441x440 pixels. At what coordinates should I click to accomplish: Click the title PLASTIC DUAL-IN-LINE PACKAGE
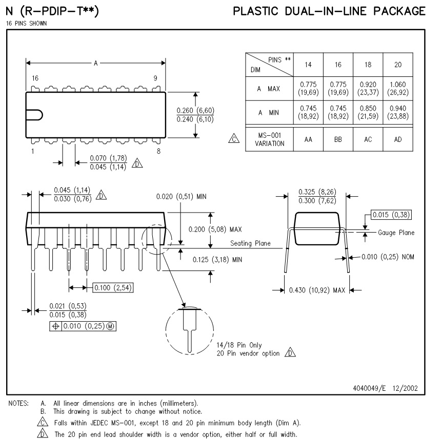(329, 11)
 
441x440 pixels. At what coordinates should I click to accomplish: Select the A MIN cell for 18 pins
(368, 113)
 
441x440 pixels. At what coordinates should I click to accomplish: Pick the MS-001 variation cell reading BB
(338, 139)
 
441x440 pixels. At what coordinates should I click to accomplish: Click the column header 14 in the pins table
(308, 65)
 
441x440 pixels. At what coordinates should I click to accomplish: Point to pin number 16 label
(35, 79)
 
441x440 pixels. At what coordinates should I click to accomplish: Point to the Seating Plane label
(250, 243)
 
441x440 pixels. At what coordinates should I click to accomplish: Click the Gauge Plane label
(396, 233)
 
